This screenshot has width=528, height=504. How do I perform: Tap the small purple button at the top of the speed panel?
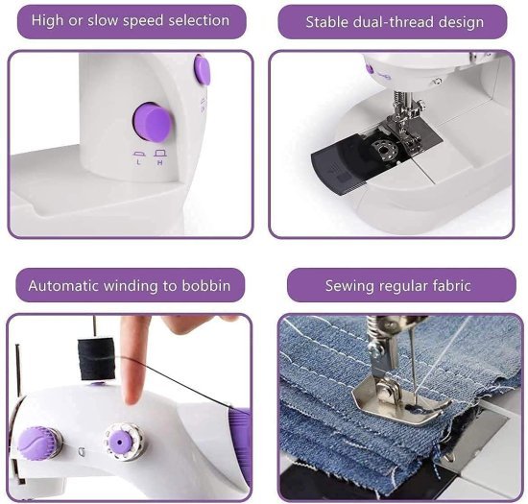pyautogui.click(x=202, y=69)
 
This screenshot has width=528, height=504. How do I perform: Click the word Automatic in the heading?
pyautogui.click(x=64, y=285)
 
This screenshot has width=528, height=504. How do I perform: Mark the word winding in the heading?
pyautogui.click(x=135, y=285)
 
